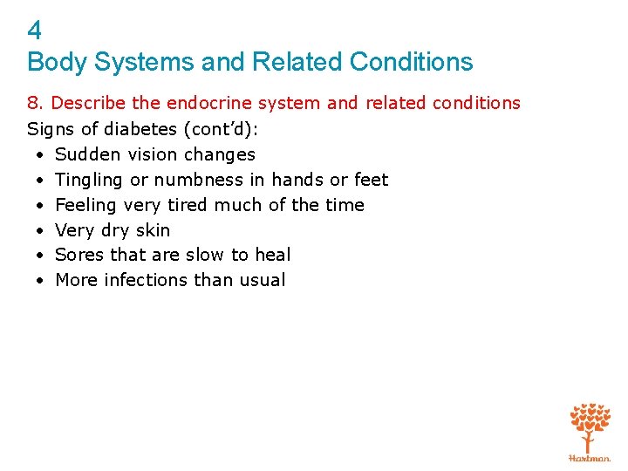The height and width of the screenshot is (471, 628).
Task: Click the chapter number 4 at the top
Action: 34,31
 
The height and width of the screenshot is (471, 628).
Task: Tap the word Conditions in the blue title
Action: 411,62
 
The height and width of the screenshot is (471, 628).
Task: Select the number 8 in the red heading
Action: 33,103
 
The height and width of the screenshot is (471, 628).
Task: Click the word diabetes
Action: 135,129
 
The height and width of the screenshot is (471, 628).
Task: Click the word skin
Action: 154,230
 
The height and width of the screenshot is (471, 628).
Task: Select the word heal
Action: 273,255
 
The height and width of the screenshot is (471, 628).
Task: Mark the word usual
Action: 263,280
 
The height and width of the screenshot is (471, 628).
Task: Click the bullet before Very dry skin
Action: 41,230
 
